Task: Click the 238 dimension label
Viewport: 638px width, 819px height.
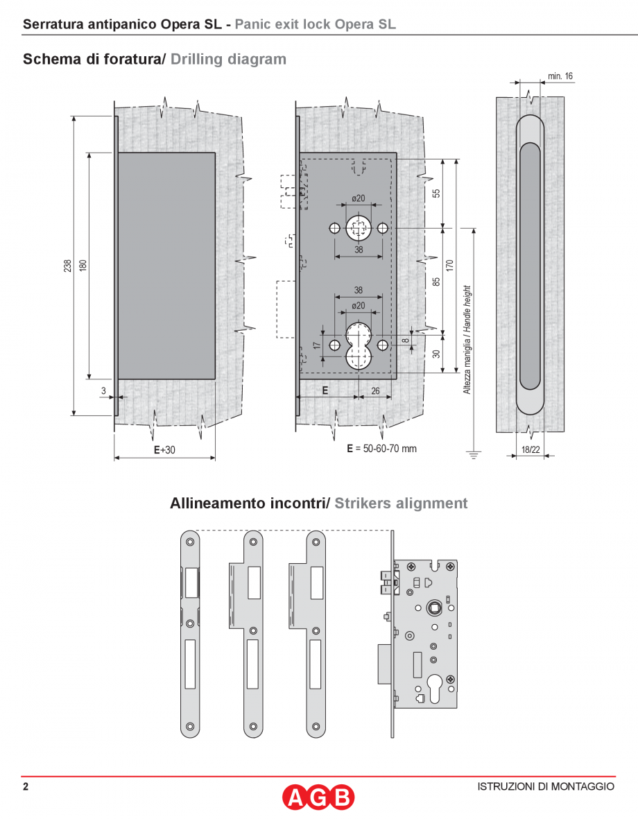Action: pos(67,266)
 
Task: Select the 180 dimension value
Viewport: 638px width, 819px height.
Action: pos(83,266)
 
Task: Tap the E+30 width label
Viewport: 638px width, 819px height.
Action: pos(164,450)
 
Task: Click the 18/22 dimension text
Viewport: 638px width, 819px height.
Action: pos(531,449)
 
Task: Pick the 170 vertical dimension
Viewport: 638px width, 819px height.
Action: pos(449,266)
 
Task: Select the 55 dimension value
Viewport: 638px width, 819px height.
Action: pos(436,193)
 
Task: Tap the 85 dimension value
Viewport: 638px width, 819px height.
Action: pos(436,281)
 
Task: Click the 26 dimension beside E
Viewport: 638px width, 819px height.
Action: pos(375,390)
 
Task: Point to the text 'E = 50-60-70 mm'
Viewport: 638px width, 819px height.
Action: pos(381,449)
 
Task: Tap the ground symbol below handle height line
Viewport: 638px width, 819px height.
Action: pos(474,455)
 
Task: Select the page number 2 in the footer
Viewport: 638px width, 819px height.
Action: pos(26,786)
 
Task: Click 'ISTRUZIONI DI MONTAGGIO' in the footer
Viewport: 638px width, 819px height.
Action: pos(546,786)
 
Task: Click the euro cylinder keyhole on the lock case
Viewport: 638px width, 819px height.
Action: pos(436,683)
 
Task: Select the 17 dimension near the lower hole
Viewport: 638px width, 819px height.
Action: pos(316,344)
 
